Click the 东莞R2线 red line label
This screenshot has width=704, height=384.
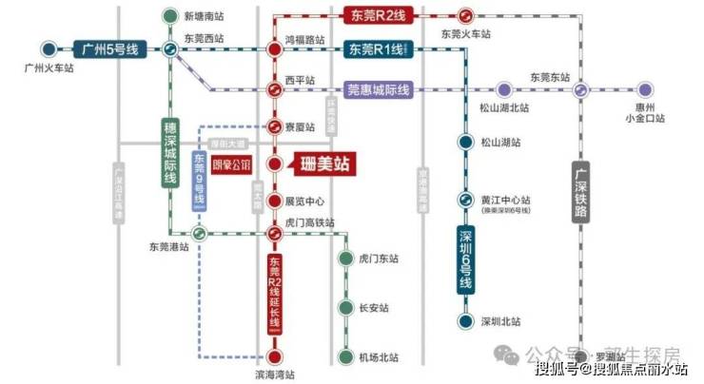(x=373, y=15)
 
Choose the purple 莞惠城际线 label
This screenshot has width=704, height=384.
(x=377, y=90)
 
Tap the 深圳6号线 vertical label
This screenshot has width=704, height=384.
(x=466, y=259)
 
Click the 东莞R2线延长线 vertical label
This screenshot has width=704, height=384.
(x=274, y=292)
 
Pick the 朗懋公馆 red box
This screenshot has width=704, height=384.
(x=230, y=163)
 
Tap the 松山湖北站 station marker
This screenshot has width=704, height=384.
(x=504, y=90)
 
